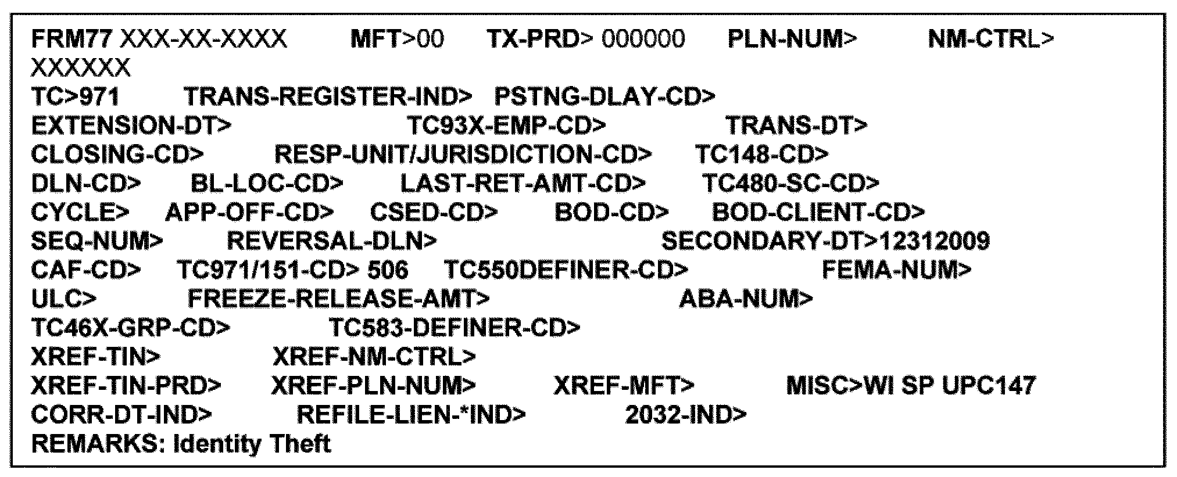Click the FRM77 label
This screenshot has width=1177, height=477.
pos(73,39)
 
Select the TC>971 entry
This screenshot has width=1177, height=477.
pos(76,96)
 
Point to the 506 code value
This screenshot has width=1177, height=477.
pos(388,270)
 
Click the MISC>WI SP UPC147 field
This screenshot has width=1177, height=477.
pos(911,385)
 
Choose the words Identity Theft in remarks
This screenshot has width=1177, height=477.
pos(253,444)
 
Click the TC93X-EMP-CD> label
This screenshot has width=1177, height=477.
pos(506,125)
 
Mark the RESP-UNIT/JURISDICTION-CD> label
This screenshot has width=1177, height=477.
pos(463,154)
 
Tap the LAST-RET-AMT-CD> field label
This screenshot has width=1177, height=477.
pos(523,183)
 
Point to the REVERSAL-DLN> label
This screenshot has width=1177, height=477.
pos(331,241)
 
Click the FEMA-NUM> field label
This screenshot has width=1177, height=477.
pos(896,270)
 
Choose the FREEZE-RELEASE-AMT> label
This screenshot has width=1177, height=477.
pos(338,299)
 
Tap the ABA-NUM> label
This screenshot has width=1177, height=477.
pos(746,299)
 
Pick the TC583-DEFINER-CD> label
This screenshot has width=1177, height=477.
pos(455,328)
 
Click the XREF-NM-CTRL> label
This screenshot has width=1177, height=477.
pos(374,356)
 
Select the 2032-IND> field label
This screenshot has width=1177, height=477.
pos(686,414)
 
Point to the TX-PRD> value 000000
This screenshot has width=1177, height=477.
pos(643,39)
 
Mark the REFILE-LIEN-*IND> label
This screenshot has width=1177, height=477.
pos(411,414)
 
